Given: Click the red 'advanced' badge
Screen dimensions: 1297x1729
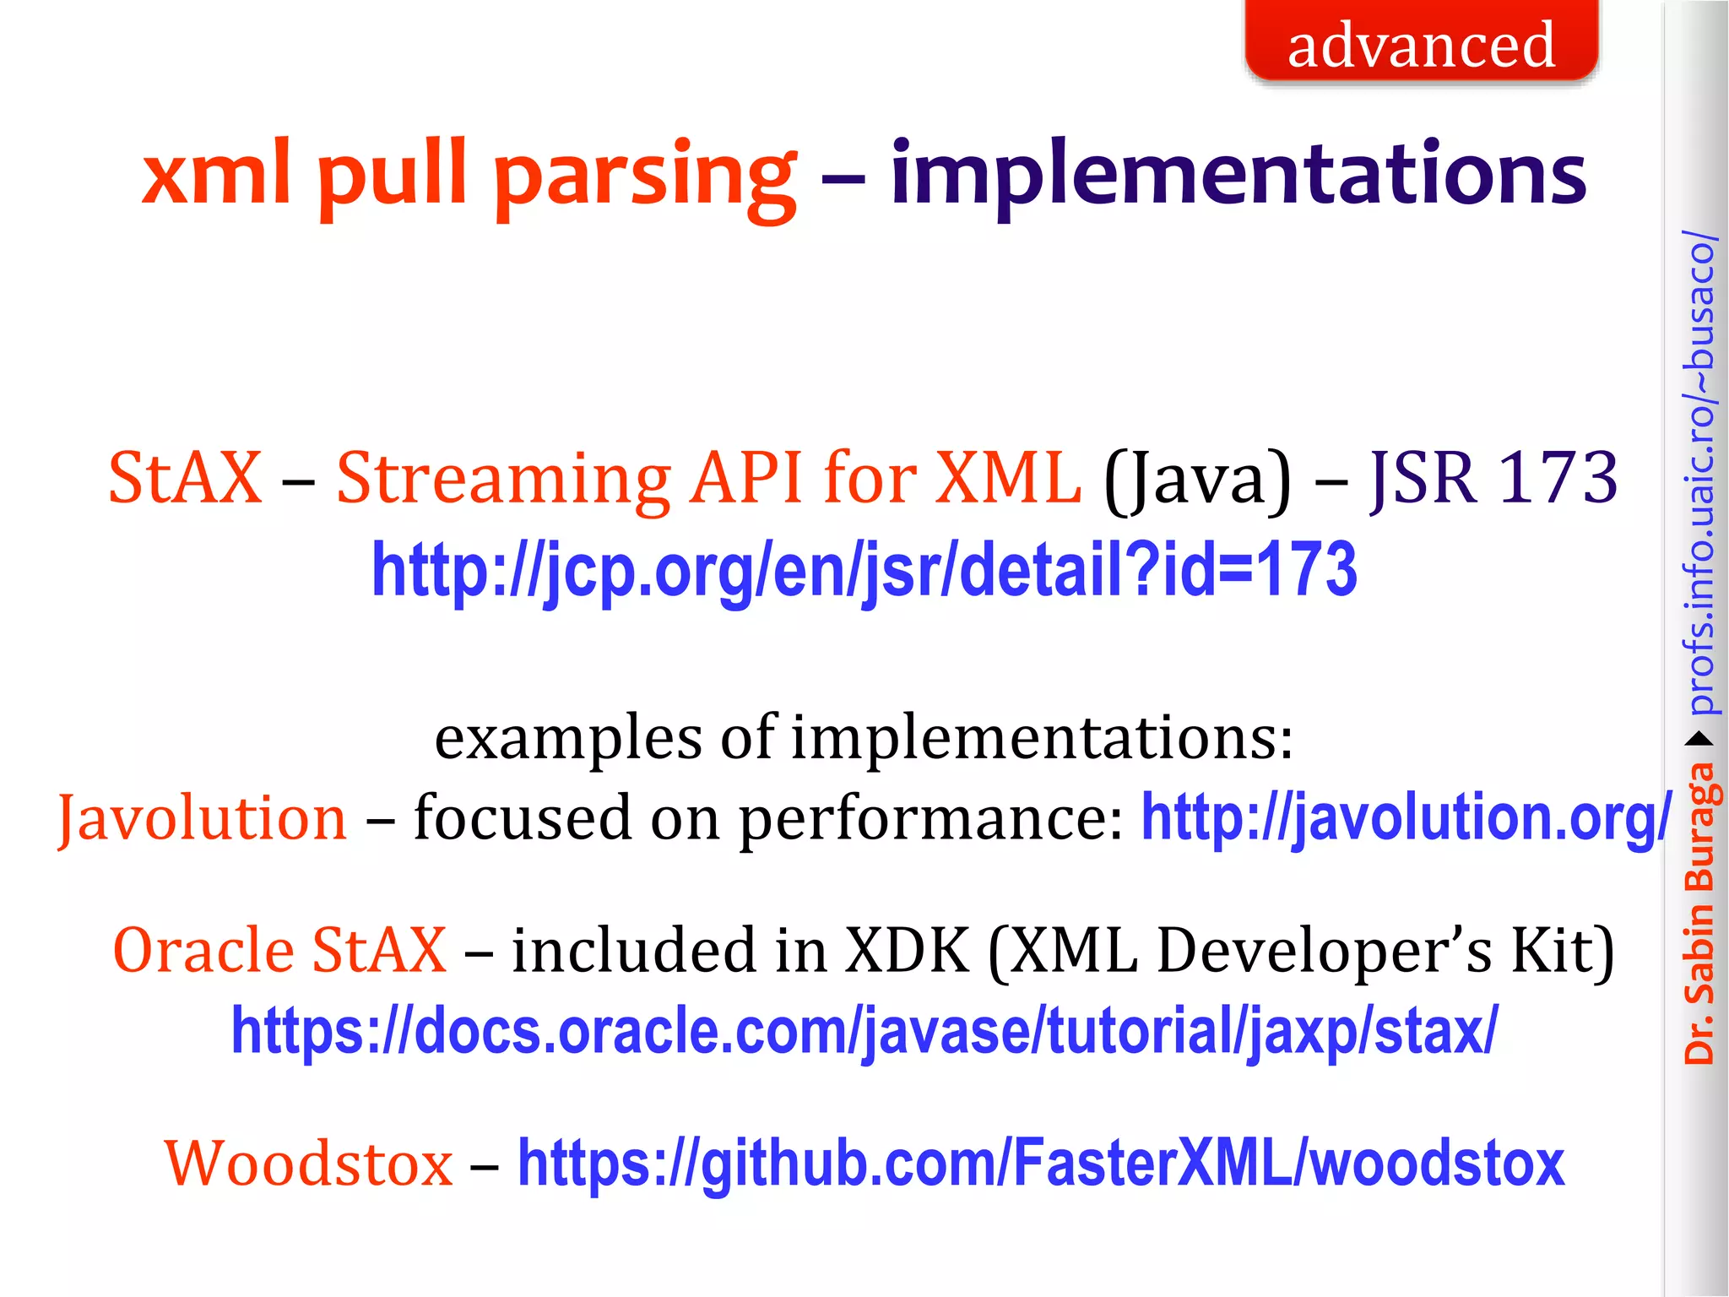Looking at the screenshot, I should (x=1421, y=42).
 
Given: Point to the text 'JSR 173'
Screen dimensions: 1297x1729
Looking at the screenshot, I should (x=1493, y=478).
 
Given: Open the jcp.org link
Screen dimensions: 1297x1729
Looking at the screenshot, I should (x=864, y=571).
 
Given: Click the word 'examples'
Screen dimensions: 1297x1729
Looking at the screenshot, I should (x=567, y=738).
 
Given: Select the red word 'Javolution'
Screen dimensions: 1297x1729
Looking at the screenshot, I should (x=203, y=818).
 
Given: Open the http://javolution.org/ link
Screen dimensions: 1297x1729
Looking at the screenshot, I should (x=1406, y=818).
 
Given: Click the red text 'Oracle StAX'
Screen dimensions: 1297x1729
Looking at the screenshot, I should (x=279, y=951).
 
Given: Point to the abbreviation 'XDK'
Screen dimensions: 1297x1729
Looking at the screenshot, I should (x=908, y=951).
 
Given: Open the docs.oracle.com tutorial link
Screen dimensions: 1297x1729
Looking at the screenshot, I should (x=864, y=1032).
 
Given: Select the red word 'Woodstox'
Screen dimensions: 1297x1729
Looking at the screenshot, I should (x=309, y=1164).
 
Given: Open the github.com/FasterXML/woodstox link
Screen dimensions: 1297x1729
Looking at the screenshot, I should (x=1041, y=1164).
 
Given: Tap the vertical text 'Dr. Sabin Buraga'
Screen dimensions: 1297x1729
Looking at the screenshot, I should (x=1699, y=912).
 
